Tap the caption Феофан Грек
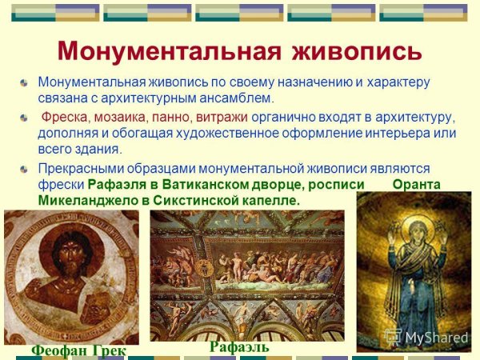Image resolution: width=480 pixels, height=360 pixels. pos(78,351)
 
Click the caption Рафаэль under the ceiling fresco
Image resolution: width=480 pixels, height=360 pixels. pos(239,346)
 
